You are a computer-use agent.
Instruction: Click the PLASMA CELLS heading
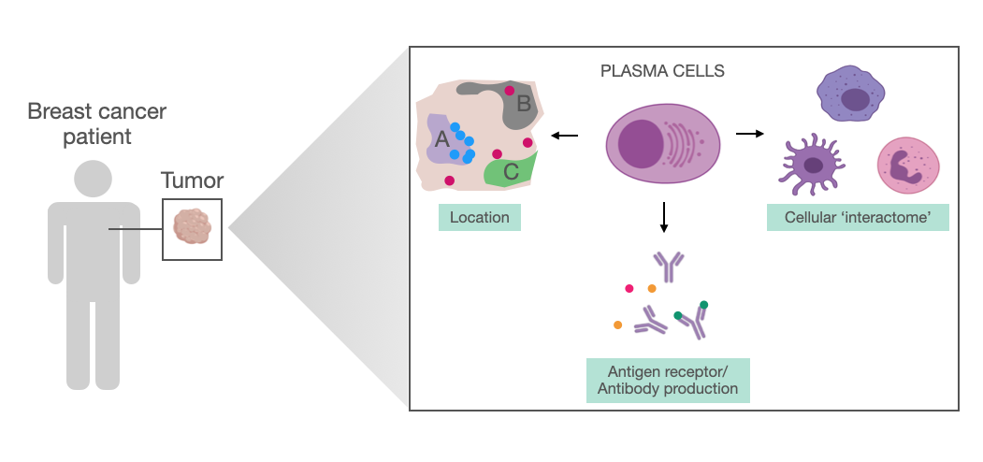662,71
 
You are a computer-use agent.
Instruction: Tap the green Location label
479,218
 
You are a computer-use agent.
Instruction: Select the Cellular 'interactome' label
858,218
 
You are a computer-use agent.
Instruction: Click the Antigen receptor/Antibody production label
668,381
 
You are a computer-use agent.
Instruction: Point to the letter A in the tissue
442,139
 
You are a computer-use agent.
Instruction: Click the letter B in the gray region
524,104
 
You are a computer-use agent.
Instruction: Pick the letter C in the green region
511,171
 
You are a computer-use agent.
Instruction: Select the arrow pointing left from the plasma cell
564,137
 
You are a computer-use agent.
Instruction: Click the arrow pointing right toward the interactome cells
749,135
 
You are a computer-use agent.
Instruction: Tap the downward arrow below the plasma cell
663,217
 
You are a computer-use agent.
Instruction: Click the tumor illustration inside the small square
192,227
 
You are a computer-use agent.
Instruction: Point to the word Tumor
192,180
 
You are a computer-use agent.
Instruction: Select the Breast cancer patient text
96,125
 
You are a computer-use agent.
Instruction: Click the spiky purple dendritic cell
811,166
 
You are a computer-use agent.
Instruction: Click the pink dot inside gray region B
509,91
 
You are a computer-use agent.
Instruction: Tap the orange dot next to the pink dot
652,289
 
